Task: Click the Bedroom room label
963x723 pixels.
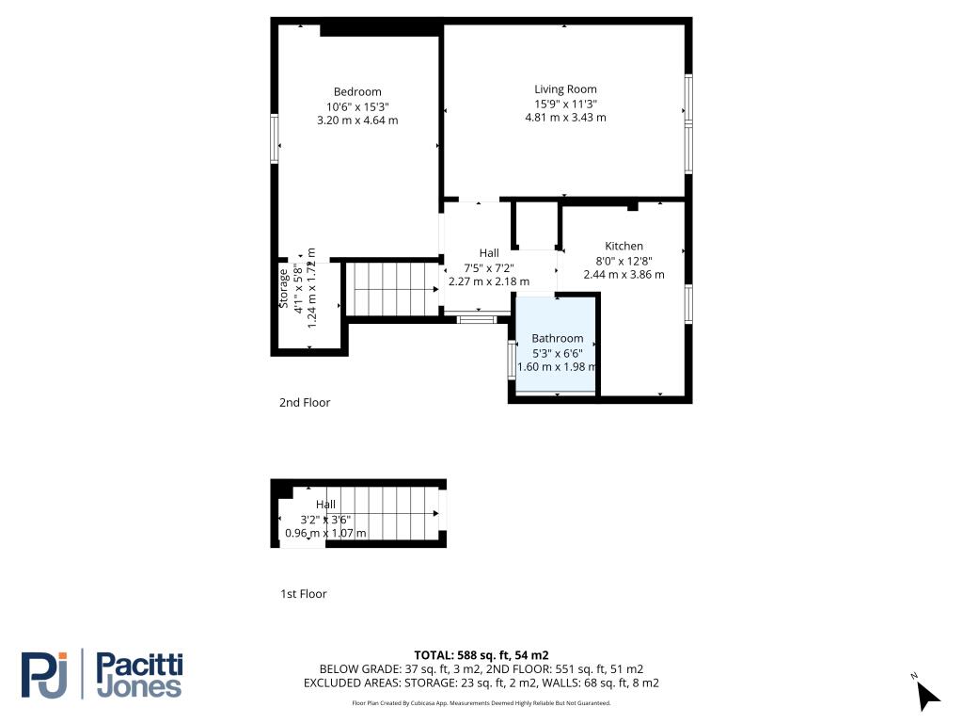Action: pyautogui.click(x=357, y=92)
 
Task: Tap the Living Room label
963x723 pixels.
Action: pyautogui.click(x=565, y=89)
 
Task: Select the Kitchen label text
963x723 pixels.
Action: pyautogui.click(x=624, y=246)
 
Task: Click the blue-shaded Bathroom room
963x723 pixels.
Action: pyautogui.click(x=556, y=345)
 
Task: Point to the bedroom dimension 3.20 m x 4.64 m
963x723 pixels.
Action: pyautogui.click(x=357, y=120)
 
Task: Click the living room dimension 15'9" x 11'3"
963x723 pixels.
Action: pyautogui.click(x=565, y=104)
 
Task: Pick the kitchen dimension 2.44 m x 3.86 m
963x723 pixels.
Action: pyautogui.click(x=624, y=275)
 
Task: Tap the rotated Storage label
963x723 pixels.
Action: pyautogui.click(x=284, y=288)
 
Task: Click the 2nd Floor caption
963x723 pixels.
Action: pyautogui.click(x=305, y=403)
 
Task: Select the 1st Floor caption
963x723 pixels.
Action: pyautogui.click(x=304, y=594)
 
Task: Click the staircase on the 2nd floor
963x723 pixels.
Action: pyautogui.click(x=392, y=289)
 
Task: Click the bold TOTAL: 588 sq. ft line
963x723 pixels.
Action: pyautogui.click(x=481, y=655)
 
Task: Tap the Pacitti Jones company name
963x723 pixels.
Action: pyautogui.click(x=139, y=675)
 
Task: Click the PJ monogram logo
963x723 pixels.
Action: pyautogui.click(x=44, y=675)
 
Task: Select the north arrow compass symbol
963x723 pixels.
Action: pyautogui.click(x=926, y=694)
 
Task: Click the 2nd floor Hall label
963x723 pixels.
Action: pyautogui.click(x=489, y=253)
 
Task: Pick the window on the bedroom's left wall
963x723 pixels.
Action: pyautogui.click(x=275, y=138)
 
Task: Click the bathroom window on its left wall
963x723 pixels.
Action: pyautogui.click(x=511, y=359)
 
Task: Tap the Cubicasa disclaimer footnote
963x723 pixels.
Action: pyautogui.click(x=481, y=702)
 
